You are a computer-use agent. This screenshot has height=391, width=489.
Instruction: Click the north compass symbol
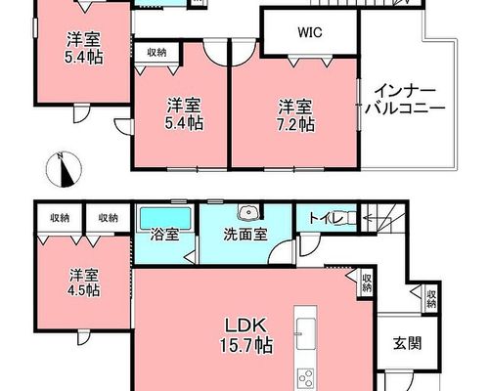pos(64,170)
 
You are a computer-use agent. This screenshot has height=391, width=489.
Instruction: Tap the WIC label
pos(310,32)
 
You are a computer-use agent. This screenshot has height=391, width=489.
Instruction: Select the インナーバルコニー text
pos(405,100)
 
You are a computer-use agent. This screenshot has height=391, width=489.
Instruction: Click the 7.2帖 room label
pos(295,115)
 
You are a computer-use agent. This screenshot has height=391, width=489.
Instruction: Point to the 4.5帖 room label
pos(84,282)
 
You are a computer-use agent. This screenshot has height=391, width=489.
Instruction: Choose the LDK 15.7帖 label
pos(246,335)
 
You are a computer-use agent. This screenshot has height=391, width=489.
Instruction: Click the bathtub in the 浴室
pos(165,219)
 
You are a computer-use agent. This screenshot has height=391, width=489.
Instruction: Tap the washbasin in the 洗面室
pos(249,212)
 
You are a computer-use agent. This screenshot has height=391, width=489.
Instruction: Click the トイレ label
pos(326,219)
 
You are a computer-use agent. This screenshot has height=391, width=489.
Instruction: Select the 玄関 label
pos(407,343)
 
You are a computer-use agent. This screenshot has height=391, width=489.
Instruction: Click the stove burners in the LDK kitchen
pos(306,378)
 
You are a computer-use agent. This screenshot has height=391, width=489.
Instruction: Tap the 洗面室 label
pos(245,235)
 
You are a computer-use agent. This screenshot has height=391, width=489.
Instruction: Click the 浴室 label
pos(164,235)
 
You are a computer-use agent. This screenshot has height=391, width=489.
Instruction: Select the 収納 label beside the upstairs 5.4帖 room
pos(156,53)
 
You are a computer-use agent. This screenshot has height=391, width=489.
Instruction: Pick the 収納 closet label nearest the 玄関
pos(431,299)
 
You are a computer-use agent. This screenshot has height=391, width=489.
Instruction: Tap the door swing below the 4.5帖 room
pos(83,337)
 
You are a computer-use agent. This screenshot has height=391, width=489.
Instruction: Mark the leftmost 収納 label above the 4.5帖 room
pos(60,218)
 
